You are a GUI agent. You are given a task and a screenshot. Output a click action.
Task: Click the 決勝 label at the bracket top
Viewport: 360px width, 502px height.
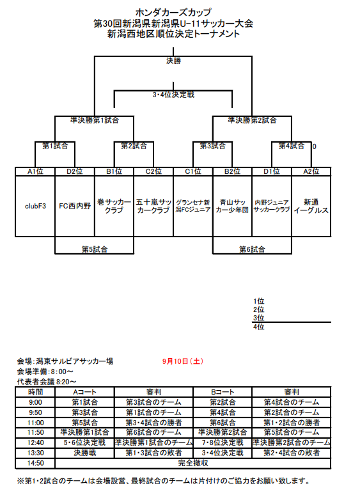[x=173, y=61]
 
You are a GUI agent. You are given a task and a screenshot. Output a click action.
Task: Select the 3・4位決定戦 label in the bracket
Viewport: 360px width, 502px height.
[x=173, y=95]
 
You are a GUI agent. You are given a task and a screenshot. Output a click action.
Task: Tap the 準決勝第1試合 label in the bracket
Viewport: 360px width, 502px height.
[x=95, y=120]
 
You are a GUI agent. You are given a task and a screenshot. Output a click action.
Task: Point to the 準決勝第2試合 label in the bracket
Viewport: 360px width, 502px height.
[x=252, y=120]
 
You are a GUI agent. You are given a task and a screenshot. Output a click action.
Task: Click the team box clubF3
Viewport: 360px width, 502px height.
[x=35, y=206]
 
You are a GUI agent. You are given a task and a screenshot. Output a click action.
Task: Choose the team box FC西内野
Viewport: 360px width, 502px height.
[x=75, y=206]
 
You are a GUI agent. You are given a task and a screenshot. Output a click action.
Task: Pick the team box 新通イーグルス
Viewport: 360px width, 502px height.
[x=311, y=206]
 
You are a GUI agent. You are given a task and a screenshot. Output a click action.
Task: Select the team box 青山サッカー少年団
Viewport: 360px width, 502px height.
[x=232, y=206]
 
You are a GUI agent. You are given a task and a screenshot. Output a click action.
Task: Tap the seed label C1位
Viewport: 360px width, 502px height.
[x=193, y=171]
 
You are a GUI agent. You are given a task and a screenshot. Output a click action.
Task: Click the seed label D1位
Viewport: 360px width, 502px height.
[x=272, y=171]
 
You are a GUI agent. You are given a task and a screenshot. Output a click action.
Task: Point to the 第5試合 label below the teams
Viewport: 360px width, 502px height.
[x=95, y=249]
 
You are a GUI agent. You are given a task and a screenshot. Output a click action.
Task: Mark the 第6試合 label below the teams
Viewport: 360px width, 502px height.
[x=252, y=249]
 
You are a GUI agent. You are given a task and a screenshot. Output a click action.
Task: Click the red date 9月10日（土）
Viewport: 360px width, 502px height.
[x=183, y=361]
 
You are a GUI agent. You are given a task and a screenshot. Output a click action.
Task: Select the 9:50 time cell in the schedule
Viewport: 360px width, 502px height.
[x=35, y=412]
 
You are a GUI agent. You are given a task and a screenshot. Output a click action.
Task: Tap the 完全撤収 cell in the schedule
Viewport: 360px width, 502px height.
[x=193, y=463]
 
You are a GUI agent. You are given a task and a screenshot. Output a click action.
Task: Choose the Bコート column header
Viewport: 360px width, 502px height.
[x=223, y=392]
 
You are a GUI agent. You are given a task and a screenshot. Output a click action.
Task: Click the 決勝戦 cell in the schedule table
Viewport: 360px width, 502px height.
[x=84, y=453]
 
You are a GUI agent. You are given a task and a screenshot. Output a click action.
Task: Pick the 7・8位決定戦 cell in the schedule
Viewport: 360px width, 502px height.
[x=223, y=443]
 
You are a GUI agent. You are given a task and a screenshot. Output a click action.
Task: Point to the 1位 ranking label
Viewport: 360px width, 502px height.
[x=258, y=301]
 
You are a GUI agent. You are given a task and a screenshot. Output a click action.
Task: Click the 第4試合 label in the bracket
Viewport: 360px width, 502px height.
[x=291, y=146]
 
